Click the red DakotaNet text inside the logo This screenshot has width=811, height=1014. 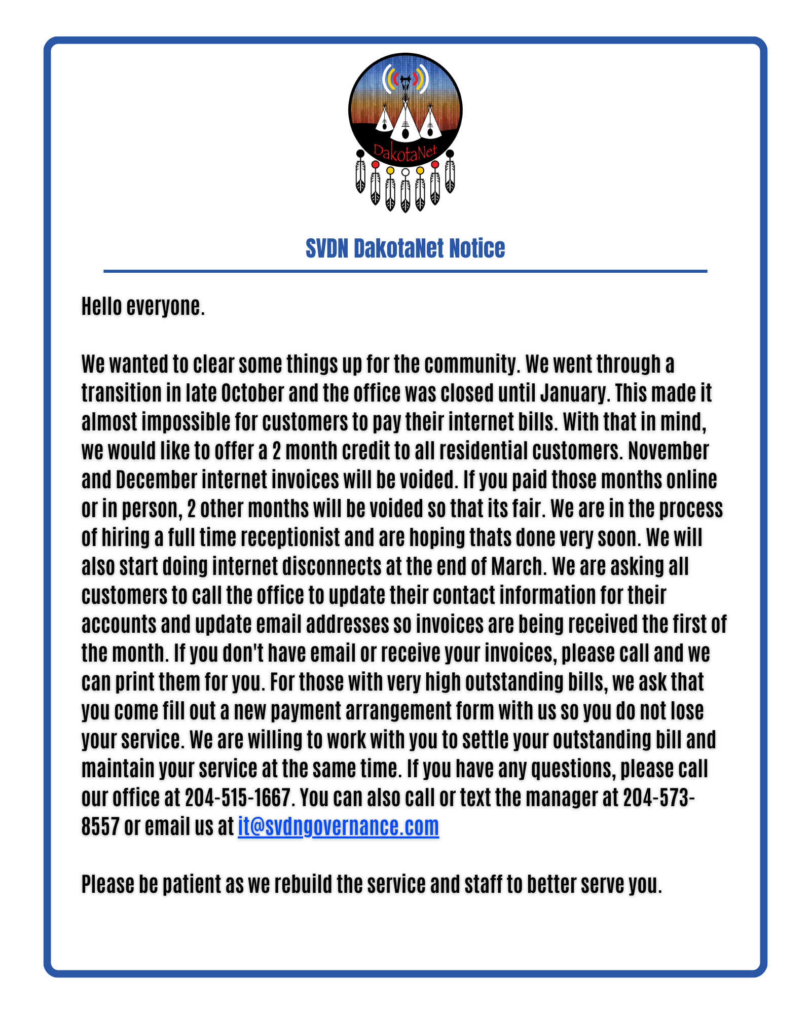pyautogui.click(x=405, y=152)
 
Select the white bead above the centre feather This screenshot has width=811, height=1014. pyautogui.click(x=405, y=172)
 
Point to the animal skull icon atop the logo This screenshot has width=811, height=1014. pyautogui.click(x=405, y=81)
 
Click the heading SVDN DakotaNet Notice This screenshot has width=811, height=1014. pyautogui.click(x=405, y=248)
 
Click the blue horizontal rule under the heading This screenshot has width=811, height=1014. pyautogui.click(x=405, y=271)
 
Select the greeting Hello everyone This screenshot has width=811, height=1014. pyautogui.click(x=143, y=306)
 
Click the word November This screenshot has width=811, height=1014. pyautogui.click(x=668, y=451)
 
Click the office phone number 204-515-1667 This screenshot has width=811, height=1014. pyautogui.click(x=238, y=798)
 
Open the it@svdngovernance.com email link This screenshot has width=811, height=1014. pyautogui.click(x=338, y=826)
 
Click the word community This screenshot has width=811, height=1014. pyautogui.click(x=472, y=364)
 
